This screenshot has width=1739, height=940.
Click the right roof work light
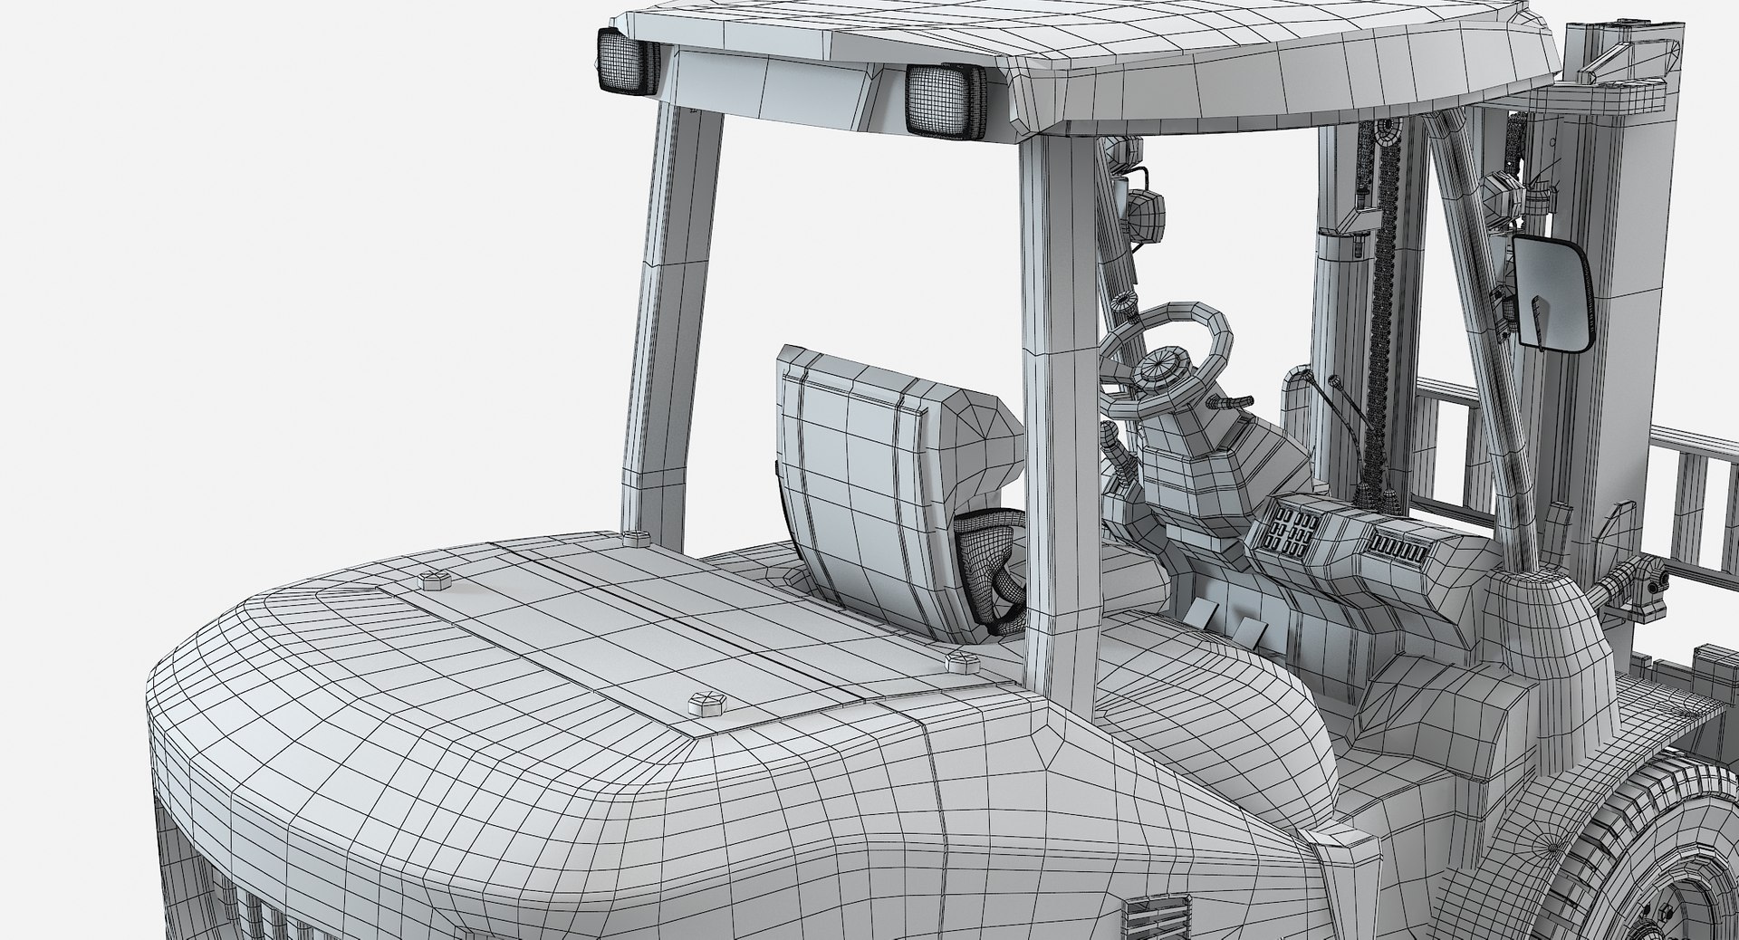(943, 102)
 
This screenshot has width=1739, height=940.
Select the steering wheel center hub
(1160, 368)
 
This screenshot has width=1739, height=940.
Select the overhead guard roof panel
(1087, 54)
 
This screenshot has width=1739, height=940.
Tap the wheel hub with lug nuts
(1685, 906)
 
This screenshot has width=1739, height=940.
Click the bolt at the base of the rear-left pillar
(637, 541)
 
